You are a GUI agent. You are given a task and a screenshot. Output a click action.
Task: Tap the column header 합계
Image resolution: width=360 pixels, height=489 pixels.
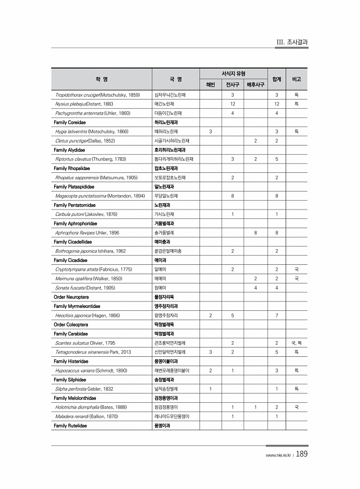277,79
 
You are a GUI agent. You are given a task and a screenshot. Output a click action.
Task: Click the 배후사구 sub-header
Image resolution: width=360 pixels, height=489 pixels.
256,84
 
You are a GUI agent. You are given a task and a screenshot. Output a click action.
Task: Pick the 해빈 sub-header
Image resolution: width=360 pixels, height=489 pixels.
210,84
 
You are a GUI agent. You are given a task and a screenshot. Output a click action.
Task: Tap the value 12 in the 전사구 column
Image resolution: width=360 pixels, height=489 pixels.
232,104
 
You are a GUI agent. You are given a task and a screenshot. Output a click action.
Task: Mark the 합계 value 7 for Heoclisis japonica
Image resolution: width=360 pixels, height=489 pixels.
277,315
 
